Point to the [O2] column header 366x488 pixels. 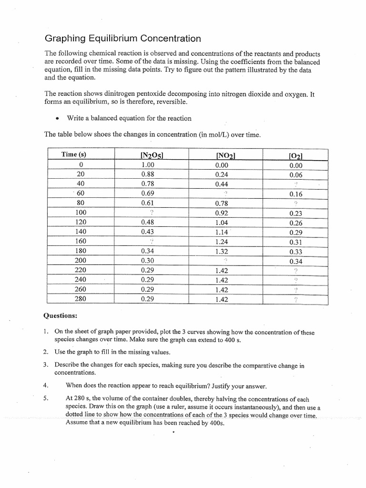[x=296, y=155]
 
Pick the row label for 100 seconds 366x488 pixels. [x=81, y=213]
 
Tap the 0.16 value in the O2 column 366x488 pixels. [x=295, y=194]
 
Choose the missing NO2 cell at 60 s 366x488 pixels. [x=225, y=193]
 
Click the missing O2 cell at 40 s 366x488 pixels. [x=295, y=184]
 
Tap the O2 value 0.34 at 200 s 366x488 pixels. [x=295, y=261]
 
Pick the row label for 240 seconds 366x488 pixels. [x=81, y=280]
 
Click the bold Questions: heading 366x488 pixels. [x=60, y=315]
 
